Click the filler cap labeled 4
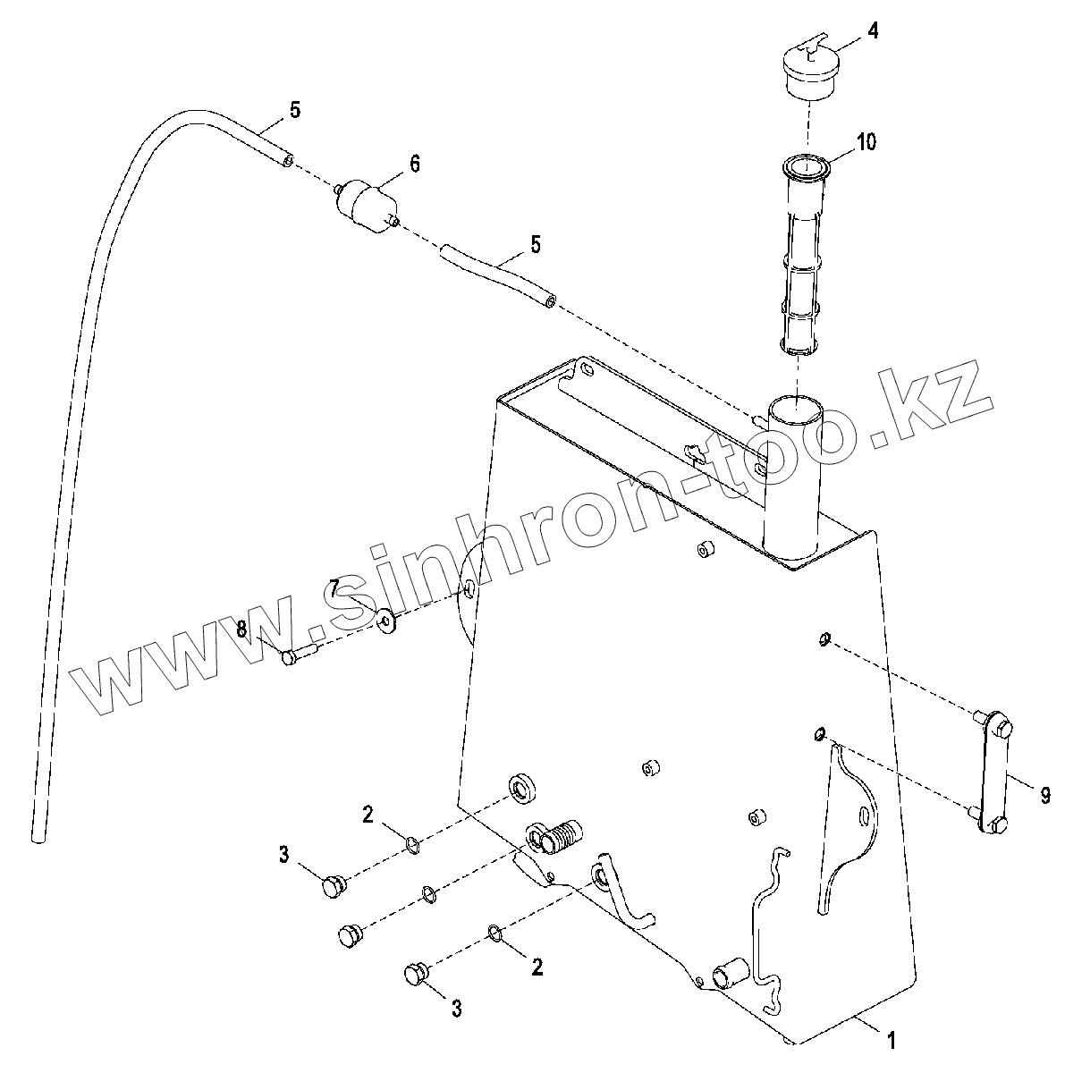pos(809,71)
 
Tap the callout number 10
pos(866,142)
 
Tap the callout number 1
pos(890,1039)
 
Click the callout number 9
pos(1045,795)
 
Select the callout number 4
pos(872,32)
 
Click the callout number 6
pos(414,163)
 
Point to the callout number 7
pos(333,587)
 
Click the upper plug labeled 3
pos(334,886)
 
